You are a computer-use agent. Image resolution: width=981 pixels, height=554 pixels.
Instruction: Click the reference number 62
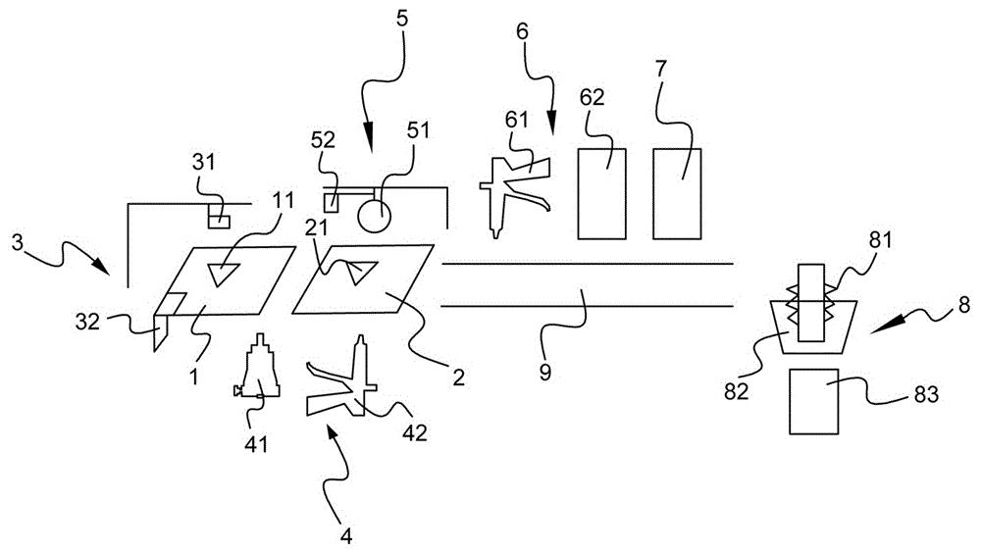[593, 97]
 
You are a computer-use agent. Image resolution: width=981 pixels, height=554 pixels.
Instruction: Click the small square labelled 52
[331, 202]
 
